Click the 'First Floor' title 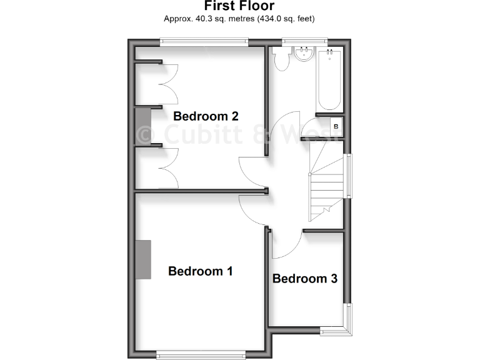tap(239, 6)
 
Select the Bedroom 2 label tap(206, 116)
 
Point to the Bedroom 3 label tap(305, 279)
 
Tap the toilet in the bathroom tap(281, 59)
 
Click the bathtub tap(329, 79)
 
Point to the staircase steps tap(326, 184)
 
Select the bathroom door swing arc tap(286, 125)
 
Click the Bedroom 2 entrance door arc tap(253, 172)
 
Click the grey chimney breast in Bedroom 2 tap(143, 127)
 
